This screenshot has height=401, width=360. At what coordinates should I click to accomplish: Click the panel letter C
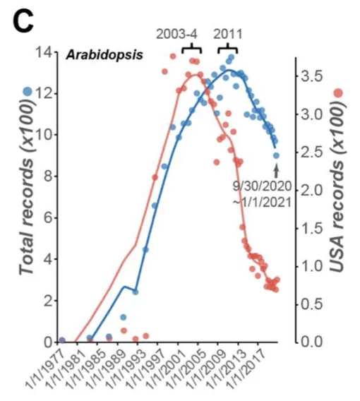[23, 21]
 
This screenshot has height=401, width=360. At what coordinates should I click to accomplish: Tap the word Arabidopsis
[104, 55]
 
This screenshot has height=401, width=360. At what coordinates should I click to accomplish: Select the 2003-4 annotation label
[176, 35]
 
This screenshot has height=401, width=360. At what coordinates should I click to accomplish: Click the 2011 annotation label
[228, 35]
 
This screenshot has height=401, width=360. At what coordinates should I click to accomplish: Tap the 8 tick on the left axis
[47, 176]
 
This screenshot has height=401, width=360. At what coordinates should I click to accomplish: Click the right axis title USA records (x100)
[337, 186]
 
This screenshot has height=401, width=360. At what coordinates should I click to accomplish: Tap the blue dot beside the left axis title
[28, 91]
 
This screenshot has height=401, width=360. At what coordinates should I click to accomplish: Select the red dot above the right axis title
[339, 93]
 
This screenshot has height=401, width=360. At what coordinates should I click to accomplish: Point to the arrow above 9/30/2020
[276, 171]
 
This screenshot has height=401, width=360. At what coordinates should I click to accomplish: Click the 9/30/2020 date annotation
[262, 186]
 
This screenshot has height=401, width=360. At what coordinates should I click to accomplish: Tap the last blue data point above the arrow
[276, 155]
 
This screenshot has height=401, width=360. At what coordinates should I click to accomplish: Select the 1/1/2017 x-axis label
[247, 369]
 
